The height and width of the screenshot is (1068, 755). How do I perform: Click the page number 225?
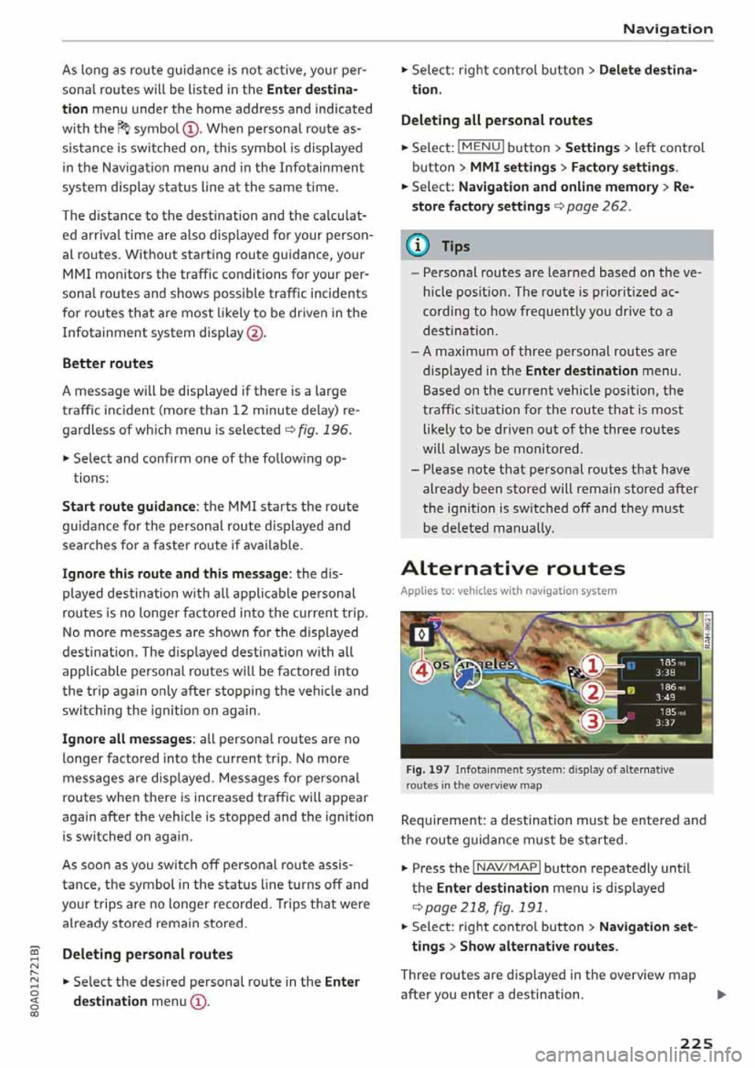point(696,1043)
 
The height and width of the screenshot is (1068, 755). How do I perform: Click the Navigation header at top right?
point(668,29)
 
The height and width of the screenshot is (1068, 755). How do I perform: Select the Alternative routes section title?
point(513,569)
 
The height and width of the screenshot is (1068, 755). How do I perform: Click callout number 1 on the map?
point(592,666)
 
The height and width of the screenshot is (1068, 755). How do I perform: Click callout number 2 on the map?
point(592,692)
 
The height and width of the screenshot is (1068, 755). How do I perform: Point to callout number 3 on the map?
point(592,720)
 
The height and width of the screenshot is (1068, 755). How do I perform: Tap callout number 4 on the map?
point(421,670)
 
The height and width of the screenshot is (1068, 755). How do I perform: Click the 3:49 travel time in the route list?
point(665,697)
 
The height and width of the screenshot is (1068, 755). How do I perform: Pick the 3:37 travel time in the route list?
point(665,723)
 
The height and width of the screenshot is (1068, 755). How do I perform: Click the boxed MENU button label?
point(481,147)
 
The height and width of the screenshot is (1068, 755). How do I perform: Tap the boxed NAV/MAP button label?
point(506,867)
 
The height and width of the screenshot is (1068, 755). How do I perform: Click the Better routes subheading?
point(108,363)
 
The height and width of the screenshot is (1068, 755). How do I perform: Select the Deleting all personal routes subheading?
point(496,120)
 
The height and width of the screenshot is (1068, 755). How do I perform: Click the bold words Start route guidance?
point(128,506)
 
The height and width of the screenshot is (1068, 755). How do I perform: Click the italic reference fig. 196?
point(324,430)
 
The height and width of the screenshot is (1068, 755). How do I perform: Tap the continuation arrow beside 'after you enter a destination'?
point(721,995)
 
